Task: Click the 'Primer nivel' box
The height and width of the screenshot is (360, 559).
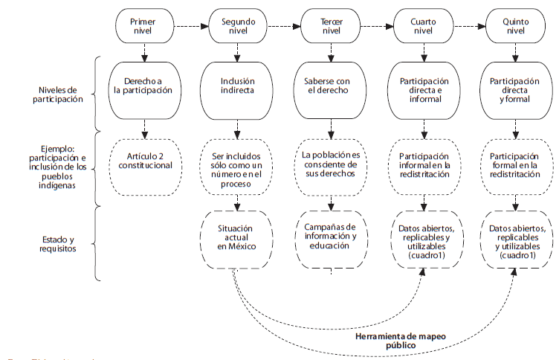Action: tap(143, 26)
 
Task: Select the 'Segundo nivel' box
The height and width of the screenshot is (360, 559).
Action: tap(238, 26)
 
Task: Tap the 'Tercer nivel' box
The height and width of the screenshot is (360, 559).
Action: tap(331, 26)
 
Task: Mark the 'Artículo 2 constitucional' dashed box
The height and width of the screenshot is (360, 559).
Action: tap(143, 165)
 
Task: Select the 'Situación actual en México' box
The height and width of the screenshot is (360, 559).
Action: tap(238, 240)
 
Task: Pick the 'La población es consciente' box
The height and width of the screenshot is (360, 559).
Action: tap(331, 165)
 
